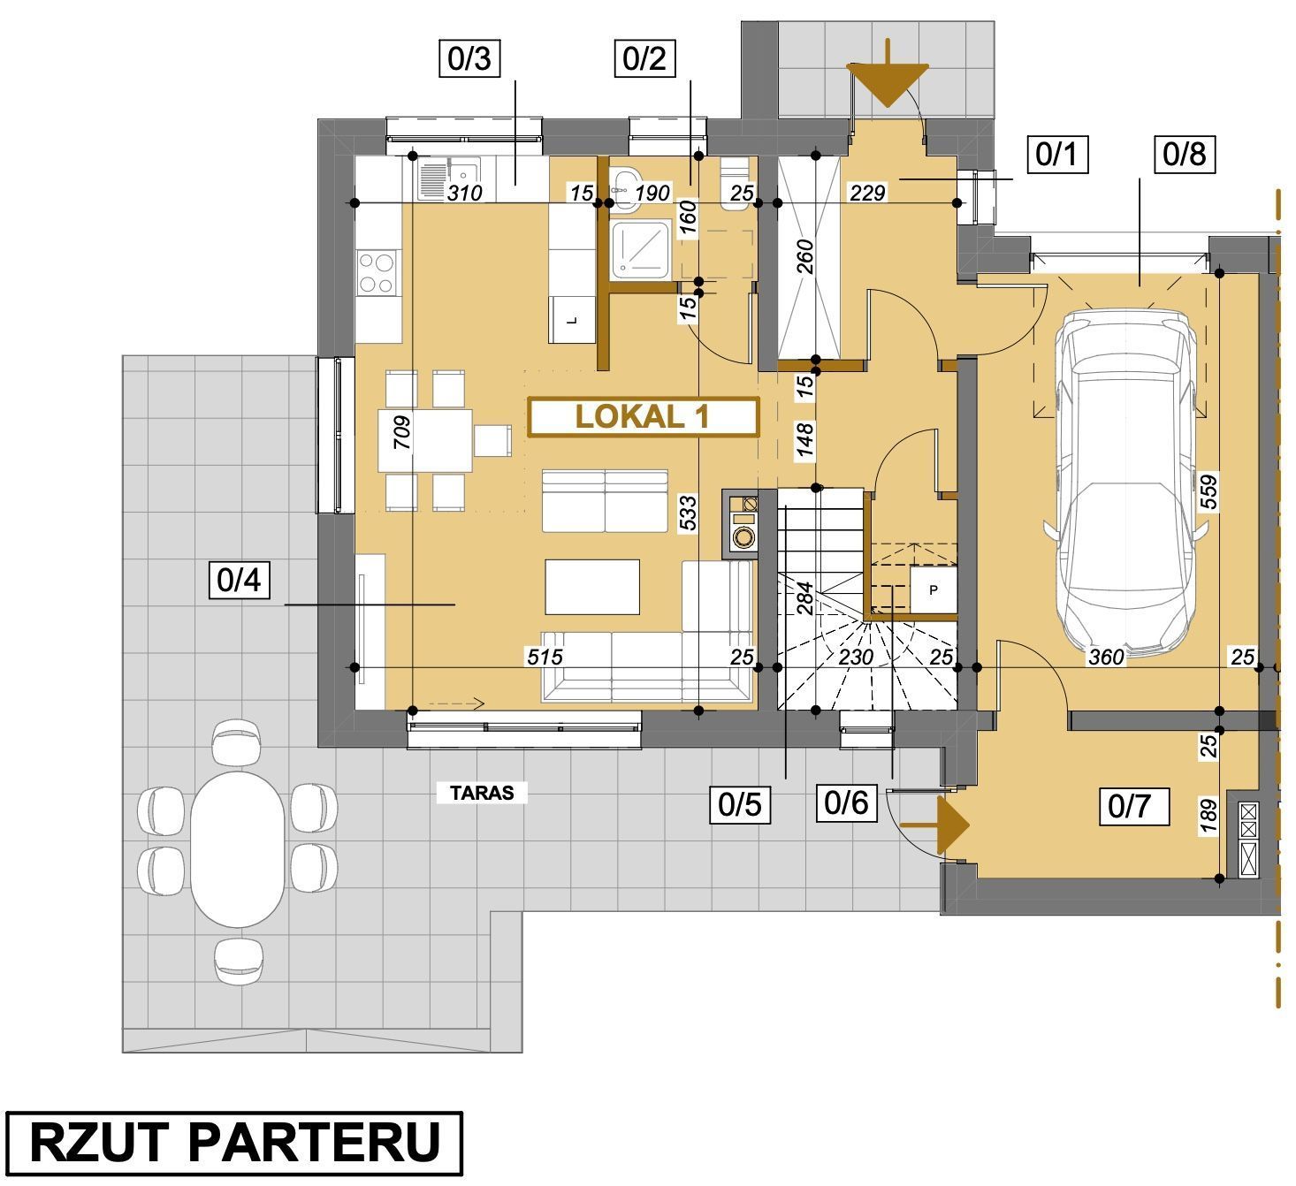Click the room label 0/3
469,59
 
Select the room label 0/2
644,59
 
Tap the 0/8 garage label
1185,155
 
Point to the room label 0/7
1134,806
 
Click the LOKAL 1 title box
643,417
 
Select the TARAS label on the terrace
482,793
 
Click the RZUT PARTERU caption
234,1143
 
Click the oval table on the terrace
237,849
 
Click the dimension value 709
401,433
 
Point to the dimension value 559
1208,492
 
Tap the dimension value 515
545,657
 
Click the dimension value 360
1106,657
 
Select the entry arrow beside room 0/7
934,825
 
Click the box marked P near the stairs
933,589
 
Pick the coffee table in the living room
592,587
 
